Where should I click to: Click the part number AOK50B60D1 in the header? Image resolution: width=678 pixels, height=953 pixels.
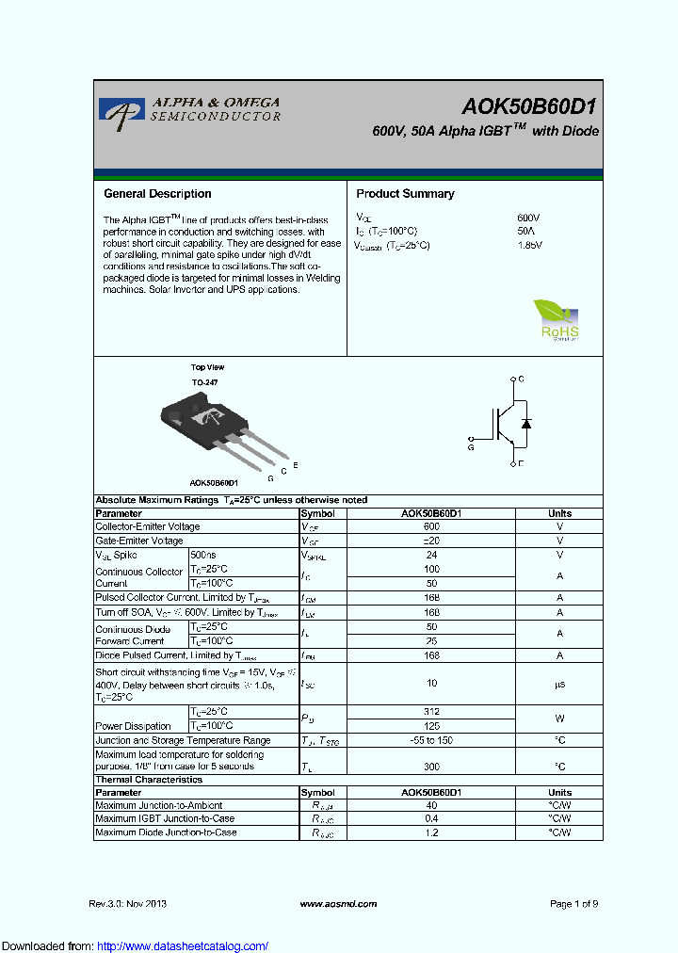(x=529, y=106)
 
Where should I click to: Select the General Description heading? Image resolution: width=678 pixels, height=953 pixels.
(x=157, y=194)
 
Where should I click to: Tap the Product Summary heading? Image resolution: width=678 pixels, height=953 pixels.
(x=405, y=194)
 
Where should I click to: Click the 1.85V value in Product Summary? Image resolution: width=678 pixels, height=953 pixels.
(x=530, y=245)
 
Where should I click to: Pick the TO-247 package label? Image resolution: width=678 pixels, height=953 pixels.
(x=204, y=383)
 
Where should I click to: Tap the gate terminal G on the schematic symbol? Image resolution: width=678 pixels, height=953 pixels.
(x=471, y=448)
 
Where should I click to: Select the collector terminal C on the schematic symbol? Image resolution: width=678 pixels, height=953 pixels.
(x=521, y=380)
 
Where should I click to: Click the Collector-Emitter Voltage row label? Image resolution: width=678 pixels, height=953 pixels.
(x=148, y=527)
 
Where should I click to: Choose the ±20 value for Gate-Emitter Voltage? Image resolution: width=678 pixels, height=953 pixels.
(x=431, y=541)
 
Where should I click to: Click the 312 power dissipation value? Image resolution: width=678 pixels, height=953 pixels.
(x=431, y=712)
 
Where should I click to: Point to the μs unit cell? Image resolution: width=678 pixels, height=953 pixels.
(x=559, y=684)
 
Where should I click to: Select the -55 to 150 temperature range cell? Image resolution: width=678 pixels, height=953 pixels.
(x=431, y=740)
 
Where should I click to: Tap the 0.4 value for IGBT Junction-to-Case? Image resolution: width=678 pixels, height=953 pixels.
(x=431, y=819)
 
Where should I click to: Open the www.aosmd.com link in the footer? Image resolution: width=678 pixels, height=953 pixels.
(x=338, y=904)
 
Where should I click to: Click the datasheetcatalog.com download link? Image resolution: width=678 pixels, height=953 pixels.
(x=183, y=946)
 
